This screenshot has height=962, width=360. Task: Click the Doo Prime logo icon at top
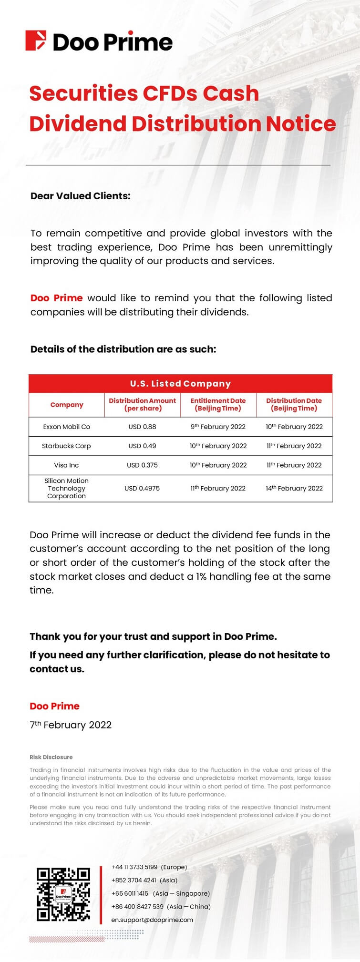[36, 41]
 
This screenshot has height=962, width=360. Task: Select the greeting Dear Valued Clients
[80, 196]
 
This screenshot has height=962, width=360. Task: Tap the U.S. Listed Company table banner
[180, 384]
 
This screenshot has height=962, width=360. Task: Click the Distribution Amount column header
[142, 404]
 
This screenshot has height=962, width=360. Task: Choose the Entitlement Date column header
[218, 404]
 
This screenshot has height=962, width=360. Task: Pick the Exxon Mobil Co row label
[66, 427]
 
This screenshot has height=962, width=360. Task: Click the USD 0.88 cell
[142, 427]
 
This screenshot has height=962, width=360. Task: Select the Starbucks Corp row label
[66, 446]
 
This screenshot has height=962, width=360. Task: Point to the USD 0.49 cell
[142, 446]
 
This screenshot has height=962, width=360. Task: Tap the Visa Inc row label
[66, 465]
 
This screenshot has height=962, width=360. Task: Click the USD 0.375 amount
[142, 465]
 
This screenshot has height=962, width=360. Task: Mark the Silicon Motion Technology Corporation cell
[66, 488]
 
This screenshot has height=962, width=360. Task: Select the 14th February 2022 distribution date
[294, 488]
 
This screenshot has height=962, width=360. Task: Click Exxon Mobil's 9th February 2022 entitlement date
[218, 427]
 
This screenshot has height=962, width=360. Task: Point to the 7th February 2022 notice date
[71, 725]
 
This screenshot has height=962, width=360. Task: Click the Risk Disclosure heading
[51, 757]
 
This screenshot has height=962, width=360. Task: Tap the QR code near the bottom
[63, 894]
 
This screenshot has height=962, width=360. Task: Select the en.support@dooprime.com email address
[152, 920]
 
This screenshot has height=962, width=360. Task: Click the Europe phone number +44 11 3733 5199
[134, 867]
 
